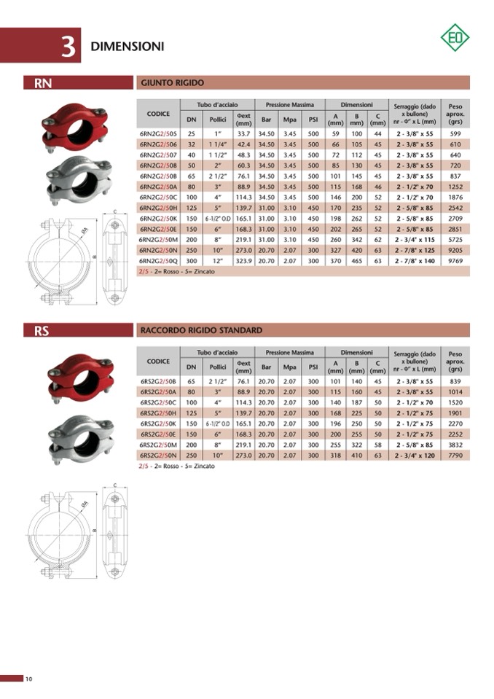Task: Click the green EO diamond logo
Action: click(455, 37)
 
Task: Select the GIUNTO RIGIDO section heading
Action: click(173, 82)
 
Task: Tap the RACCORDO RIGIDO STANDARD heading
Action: click(201, 330)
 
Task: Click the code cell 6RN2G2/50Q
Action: click(158, 261)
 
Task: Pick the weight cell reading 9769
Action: click(455, 261)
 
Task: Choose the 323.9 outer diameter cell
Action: click(243, 261)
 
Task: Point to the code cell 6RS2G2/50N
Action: click(158, 455)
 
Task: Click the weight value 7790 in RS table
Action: click(455, 455)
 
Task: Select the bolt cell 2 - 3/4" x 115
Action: click(415, 239)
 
